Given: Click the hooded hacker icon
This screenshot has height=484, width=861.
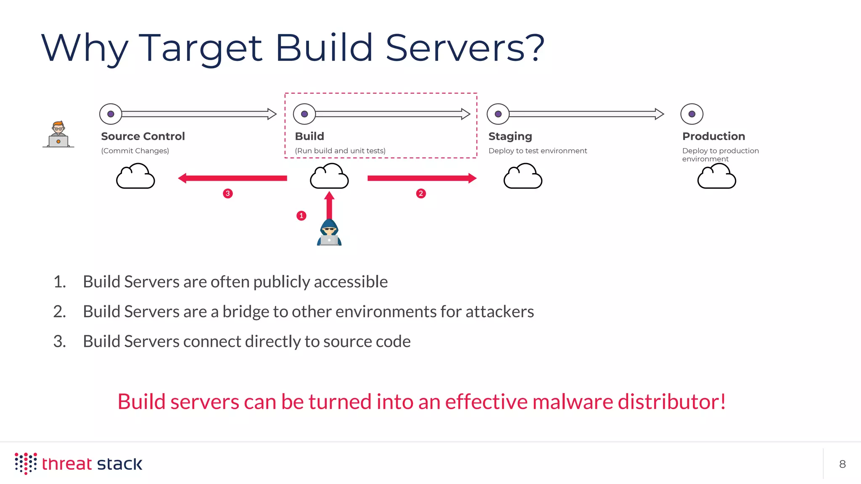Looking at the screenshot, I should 329,233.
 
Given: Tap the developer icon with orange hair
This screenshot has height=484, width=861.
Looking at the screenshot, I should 58,134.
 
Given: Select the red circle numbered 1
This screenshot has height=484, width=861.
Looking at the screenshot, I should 301,216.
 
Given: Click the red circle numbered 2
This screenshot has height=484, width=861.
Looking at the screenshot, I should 421,193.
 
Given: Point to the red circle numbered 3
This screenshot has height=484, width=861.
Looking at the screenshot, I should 228,193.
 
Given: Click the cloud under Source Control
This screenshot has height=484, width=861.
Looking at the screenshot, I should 135,176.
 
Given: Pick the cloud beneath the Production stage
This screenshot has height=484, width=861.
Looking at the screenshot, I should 716,177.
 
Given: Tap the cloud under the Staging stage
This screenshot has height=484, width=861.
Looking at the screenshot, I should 523,176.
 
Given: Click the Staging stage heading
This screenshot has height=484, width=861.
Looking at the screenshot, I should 510,137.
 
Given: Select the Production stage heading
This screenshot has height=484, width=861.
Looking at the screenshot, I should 713,136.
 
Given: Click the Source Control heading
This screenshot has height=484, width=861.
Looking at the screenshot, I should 143,136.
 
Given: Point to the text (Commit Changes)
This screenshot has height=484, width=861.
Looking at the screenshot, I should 135,151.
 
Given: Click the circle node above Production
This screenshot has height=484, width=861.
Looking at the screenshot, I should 692,114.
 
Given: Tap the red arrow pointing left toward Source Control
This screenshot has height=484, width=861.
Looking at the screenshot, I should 232,178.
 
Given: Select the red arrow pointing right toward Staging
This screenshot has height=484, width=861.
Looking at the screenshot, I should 422,178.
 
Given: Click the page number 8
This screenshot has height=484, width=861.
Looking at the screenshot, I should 842,464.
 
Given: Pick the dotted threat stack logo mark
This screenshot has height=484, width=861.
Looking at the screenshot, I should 26,463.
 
